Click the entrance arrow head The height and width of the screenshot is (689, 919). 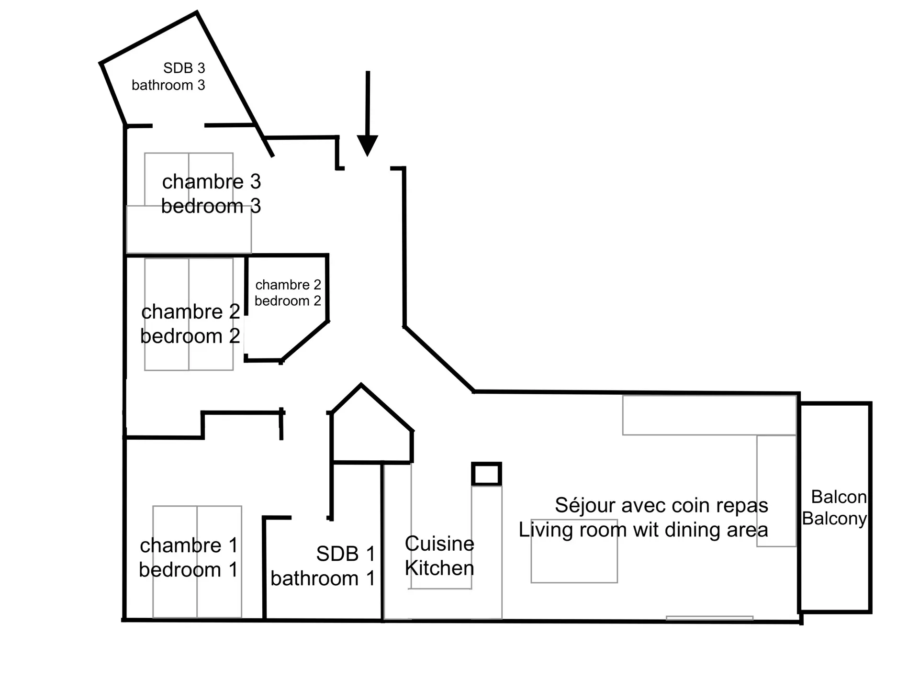(x=367, y=145)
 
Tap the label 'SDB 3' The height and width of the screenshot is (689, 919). (x=184, y=68)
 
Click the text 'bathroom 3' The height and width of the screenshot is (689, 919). (x=168, y=85)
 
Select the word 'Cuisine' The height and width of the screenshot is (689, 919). (x=439, y=544)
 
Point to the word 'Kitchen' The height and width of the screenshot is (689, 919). (x=439, y=568)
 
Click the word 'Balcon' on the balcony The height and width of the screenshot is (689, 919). (x=839, y=497)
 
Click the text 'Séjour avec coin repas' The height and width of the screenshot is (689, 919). (x=661, y=505)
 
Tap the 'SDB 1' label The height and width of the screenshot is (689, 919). (x=346, y=554)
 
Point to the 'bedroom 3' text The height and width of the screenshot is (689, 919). (x=211, y=206)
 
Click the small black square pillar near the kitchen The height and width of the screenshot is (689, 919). (x=486, y=474)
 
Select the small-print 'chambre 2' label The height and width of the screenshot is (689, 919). (x=288, y=285)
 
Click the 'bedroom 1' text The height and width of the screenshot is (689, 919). (x=189, y=570)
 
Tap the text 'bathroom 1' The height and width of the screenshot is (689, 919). (x=323, y=578)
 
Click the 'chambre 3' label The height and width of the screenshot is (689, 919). (x=212, y=182)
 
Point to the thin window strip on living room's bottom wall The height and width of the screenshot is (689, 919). (x=709, y=618)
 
